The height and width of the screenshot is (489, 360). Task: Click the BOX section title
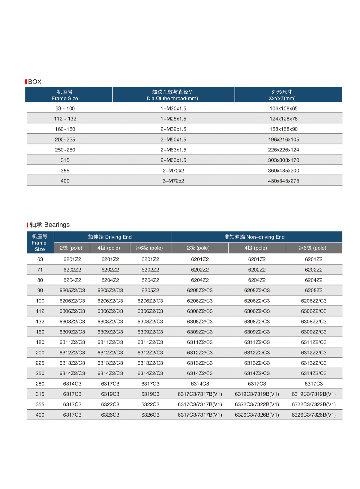point(35,82)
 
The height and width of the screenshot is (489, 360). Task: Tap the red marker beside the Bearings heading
point(27,225)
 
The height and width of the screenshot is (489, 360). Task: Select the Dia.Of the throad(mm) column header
point(172,98)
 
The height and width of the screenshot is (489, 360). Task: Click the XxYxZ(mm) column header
point(282,98)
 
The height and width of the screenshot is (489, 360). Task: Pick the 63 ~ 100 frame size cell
point(65,108)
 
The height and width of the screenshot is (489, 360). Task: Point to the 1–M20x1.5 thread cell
point(173,108)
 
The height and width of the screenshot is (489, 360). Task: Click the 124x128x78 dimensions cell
point(283,119)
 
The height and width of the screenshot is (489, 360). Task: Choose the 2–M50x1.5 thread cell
point(173,139)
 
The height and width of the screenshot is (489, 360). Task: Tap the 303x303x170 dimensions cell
point(283,160)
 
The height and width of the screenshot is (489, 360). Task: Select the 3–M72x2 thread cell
point(173,181)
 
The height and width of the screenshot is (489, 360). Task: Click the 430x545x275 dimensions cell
point(283,181)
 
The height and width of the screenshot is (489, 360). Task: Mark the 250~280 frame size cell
point(65,150)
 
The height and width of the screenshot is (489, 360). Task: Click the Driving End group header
point(110,237)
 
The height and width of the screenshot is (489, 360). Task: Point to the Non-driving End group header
point(254,237)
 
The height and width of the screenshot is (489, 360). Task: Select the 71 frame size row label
point(40,270)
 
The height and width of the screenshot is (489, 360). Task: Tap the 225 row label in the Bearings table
point(40,363)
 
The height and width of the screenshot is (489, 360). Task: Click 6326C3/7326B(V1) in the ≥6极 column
point(314,415)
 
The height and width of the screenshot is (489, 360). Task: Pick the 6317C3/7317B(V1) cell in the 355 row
point(200,404)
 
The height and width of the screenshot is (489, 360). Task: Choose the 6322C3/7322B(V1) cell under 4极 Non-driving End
point(257,404)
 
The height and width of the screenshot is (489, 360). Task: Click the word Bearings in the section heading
point(57,224)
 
